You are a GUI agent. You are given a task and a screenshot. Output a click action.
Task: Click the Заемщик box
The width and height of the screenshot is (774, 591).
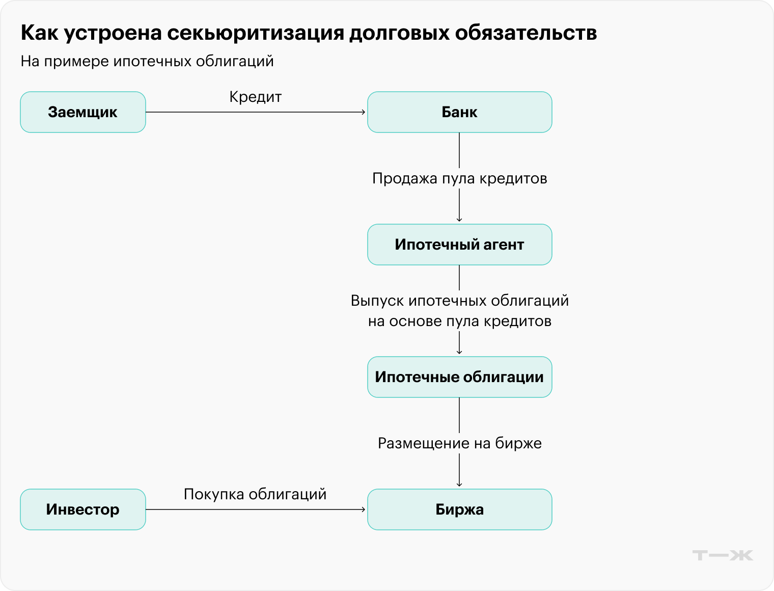[83, 112]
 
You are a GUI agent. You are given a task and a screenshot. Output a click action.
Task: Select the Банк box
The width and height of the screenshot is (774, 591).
[459, 112]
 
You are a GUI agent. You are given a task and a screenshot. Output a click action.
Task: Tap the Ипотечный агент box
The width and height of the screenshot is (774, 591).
[459, 245]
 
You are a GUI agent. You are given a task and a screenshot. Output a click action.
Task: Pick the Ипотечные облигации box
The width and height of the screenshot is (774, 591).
[459, 377]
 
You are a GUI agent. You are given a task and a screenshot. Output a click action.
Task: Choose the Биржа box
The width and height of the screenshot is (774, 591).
[459, 509]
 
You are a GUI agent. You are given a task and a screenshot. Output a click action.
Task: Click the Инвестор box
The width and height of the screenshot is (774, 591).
[83, 509]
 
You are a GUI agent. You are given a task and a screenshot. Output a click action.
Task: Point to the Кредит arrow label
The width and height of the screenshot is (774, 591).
[255, 97]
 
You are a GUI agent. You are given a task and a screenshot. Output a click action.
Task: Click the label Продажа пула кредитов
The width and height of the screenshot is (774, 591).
[459, 178]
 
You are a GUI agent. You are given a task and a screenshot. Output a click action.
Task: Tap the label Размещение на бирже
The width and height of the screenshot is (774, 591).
[459, 443]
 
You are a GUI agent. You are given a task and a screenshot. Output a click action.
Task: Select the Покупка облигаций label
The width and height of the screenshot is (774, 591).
[255, 494]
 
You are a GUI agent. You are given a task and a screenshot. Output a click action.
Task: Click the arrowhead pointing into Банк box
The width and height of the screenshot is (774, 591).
[364, 112]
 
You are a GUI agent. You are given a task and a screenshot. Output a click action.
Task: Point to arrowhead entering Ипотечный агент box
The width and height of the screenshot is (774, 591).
[459, 220]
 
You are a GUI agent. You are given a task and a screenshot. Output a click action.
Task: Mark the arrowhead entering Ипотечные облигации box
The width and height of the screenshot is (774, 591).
[459, 352]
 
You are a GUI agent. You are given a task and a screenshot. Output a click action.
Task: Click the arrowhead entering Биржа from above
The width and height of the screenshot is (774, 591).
[459, 485]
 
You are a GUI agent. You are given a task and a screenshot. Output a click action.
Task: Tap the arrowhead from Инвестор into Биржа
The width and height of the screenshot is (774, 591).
[364, 509]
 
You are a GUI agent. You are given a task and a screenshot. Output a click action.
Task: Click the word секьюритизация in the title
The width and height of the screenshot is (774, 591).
[256, 33]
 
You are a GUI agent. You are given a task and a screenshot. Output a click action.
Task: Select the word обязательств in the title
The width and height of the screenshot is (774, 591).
[526, 33]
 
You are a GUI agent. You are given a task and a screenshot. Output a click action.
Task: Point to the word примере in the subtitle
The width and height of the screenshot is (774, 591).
[76, 62]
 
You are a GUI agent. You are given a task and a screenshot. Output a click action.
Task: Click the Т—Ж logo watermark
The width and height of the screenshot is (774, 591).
[723, 555]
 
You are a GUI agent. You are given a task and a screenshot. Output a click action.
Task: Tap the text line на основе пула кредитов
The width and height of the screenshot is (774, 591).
[459, 321]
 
